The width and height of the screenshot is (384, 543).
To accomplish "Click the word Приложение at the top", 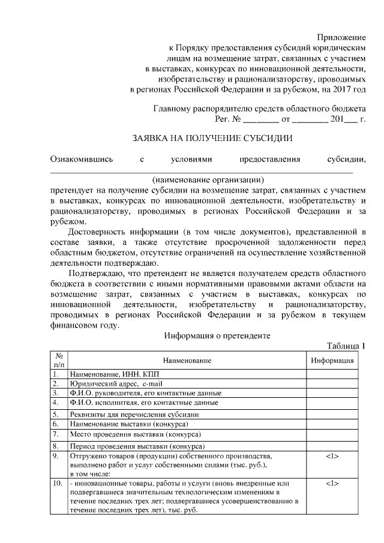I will pos(341,38).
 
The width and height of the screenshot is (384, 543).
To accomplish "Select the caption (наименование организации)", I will pos(208,179).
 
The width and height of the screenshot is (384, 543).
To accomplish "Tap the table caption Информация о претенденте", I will pos(218,336).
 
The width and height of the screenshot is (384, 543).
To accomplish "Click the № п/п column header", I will pos(59,360).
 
